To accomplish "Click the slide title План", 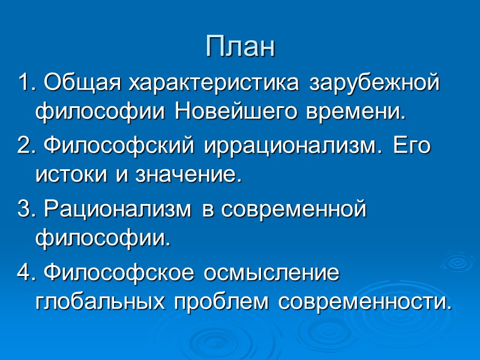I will tap(240, 46).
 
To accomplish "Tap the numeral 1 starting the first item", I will tap(23, 82).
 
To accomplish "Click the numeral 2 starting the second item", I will tap(23, 147).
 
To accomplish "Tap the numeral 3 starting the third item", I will tap(23, 211).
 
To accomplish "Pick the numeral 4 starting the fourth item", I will tap(23, 274).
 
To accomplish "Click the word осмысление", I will tap(272, 274).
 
